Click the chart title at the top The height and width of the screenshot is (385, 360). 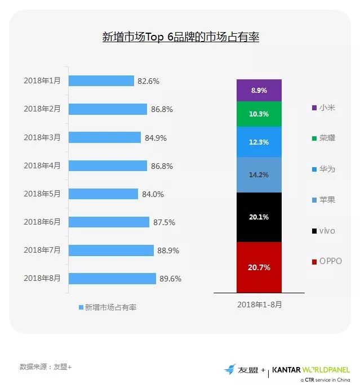point(180,38)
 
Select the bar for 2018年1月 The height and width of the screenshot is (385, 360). point(101,80)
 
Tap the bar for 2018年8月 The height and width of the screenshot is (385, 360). point(112,278)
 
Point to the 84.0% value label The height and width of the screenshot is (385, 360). point(153,194)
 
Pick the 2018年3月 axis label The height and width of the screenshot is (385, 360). point(42,137)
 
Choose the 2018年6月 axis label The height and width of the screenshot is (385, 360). point(42,222)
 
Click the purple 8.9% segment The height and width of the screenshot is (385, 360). point(259,90)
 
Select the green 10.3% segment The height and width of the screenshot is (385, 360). point(259,114)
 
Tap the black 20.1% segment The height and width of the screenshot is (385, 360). point(259,217)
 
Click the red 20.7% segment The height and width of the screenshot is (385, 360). point(259,267)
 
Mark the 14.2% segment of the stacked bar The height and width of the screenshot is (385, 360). point(259,174)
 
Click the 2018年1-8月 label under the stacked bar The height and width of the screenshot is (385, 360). point(259,304)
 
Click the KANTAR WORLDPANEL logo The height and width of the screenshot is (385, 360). point(310,370)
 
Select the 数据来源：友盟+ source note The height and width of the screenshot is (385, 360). point(46,366)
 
